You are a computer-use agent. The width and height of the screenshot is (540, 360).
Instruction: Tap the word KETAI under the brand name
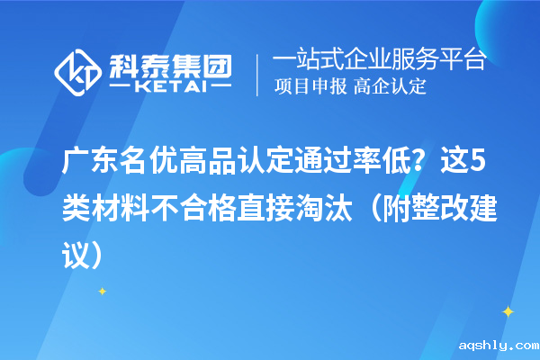click(x=170, y=88)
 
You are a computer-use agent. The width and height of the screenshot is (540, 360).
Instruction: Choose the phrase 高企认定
click(x=390, y=87)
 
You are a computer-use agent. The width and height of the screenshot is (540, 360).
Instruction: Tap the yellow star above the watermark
click(x=507, y=311)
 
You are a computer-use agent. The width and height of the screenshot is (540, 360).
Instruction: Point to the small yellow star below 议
click(x=102, y=291)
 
